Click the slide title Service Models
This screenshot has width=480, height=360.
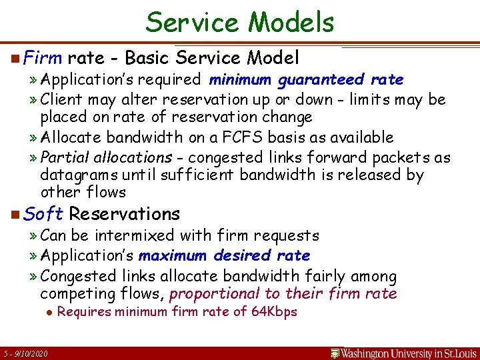pyautogui.click(x=240, y=22)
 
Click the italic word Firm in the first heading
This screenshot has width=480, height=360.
pyautogui.click(x=42, y=58)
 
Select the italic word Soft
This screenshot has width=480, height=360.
pyautogui.click(x=43, y=214)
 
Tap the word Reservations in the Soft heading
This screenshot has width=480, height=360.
pyautogui.click(x=125, y=214)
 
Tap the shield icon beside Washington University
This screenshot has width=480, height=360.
pyautogui.click(x=336, y=353)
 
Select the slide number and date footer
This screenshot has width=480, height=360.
pyautogui.click(x=25, y=353)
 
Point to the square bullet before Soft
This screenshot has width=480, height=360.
pyautogui.click(x=15, y=215)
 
